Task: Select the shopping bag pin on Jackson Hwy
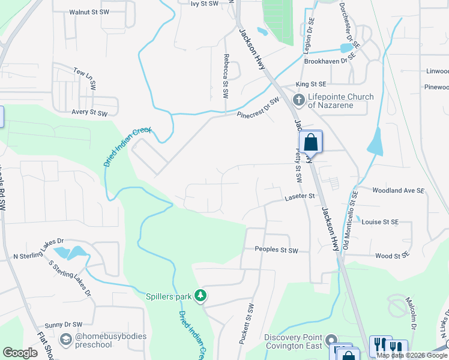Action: pos(310,143)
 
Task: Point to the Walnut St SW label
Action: pos(89,12)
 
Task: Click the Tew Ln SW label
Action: pos(85,79)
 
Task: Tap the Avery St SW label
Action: pos(89,112)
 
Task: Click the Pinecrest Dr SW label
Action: pos(258,107)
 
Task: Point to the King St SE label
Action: pos(310,85)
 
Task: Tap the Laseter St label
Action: pos(300,196)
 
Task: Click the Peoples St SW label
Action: pos(276,250)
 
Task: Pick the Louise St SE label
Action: pos(380,222)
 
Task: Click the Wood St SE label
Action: pos(391,256)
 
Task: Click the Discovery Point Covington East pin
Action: pos(331,342)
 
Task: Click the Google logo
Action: pos(20,353)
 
